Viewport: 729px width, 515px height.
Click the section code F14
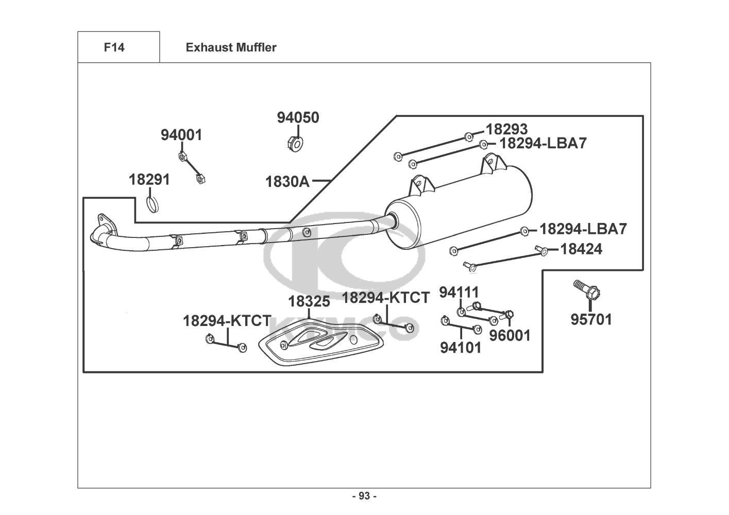pyautogui.click(x=114, y=47)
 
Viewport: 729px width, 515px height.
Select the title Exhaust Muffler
pyautogui.click(x=231, y=47)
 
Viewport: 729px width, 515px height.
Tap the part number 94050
pyautogui.click(x=298, y=117)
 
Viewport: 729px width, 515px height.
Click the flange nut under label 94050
pyautogui.click(x=295, y=144)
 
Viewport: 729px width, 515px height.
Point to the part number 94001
pyautogui.click(x=181, y=135)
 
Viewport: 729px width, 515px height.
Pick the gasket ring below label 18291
pyautogui.click(x=152, y=205)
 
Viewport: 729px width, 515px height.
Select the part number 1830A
pyautogui.click(x=287, y=182)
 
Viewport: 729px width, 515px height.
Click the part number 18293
pyautogui.click(x=506, y=129)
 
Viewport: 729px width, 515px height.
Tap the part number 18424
pyautogui.click(x=581, y=249)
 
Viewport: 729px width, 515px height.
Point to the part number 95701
pyautogui.click(x=591, y=319)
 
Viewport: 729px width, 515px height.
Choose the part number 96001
pyautogui.click(x=510, y=335)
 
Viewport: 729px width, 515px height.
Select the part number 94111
pyautogui.click(x=459, y=292)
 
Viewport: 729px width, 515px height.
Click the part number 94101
pyautogui.click(x=461, y=348)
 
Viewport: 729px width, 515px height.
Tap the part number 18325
pyautogui.click(x=309, y=302)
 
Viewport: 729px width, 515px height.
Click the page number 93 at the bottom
pyautogui.click(x=365, y=496)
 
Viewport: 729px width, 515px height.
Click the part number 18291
pyautogui.click(x=149, y=180)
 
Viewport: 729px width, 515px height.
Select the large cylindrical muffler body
pyautogui.click(x=459, y=208)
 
